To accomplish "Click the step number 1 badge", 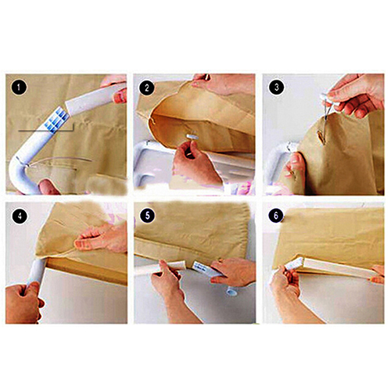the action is tap(19, 88).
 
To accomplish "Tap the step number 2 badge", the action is tap(147, 88).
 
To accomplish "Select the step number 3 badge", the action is tap(276, 87).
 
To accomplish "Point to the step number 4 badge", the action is tap(19, 216).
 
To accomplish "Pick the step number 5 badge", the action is tap(148, 216).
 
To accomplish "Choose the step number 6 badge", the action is tap(276, 215).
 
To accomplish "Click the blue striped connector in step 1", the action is tap(57, 120).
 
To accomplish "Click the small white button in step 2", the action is tap(192, 137).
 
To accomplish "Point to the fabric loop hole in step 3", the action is tap(321, 137).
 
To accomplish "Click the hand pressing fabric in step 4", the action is tap(100, 237).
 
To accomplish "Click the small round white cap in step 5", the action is tap(231, 292).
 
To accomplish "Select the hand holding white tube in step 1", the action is tap(117, 88).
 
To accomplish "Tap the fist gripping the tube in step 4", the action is tap(23, 303).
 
